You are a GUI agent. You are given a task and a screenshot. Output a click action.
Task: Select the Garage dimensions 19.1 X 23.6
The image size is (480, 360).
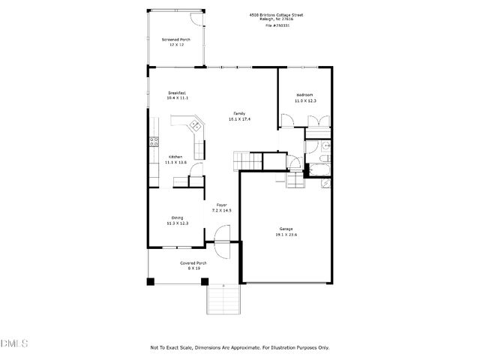pyautogui.click(x=286, y=235)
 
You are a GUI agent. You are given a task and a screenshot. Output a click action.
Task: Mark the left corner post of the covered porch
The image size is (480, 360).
pyautogui.click(x=151, y=281)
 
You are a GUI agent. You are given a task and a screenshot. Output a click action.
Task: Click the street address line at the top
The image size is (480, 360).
pyautogui.click(x=277, y=14)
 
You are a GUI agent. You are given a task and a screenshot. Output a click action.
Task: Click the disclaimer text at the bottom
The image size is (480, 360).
pyautogui.click(x=240, y=347)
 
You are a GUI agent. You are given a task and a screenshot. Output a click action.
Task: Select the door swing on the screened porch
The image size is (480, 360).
pyautogui.click(x=196, y=19)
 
